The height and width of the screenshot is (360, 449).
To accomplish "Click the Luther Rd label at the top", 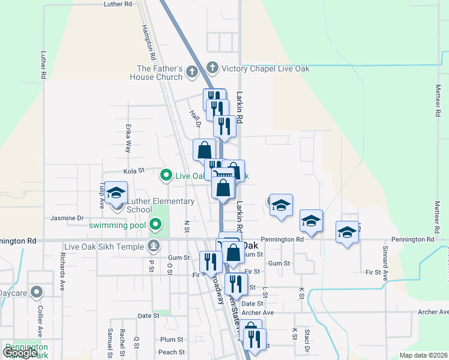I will click(118, 4).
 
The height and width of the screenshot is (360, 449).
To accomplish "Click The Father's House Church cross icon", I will click(192, 73).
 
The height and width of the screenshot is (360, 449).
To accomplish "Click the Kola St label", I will click(134, 170).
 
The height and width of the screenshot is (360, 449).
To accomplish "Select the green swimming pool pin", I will click(156, 225).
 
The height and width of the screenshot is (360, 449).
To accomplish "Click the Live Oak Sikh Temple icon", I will click(154, 246).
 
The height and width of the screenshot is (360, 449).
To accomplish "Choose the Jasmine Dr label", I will click(67, 218).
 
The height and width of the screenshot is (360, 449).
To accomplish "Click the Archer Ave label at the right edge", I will click(433, 312).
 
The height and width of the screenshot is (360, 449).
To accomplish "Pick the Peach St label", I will click(171, 352).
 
